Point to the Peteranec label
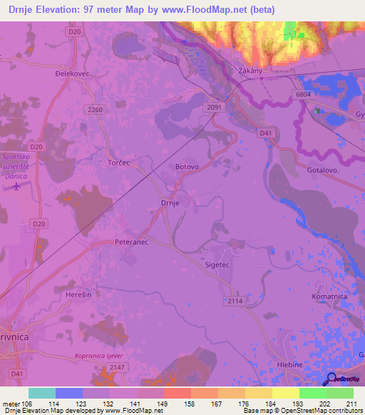130,242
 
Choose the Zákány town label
252,71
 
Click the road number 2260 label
93,110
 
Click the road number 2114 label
235,302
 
